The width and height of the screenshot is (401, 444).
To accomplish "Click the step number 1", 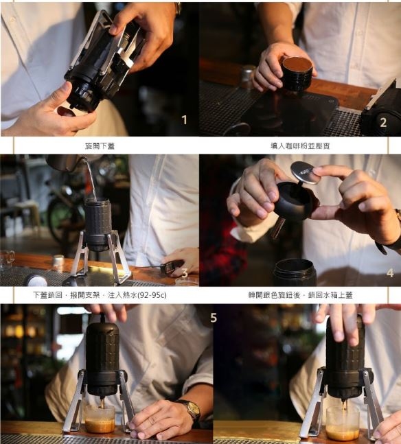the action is click(x=185, y=120).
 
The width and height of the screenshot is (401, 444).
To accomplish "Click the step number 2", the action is click(x=383, y=122).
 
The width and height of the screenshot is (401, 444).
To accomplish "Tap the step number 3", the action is click(x=185, y=273).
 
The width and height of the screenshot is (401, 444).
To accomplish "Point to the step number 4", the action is click(x=390, y=272).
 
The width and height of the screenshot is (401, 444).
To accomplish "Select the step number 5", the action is click(x=214, y=318).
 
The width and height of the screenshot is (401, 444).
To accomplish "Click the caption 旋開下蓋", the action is click(x=100, y=146).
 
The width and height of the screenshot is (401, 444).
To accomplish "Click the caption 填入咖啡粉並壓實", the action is click(x=300, y=146).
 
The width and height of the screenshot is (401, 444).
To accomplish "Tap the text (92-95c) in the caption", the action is click(x=152, y=295).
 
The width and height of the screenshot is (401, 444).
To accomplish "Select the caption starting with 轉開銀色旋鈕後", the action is click(x=300, y=295).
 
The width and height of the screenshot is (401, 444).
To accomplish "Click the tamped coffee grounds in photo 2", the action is click(x=297, y=65).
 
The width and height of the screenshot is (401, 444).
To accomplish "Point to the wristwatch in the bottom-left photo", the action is click(x=190, y=409).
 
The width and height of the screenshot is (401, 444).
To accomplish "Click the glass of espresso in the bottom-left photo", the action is click(x=100, y=419).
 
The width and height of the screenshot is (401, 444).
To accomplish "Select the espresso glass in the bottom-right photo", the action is click(x=343, y=423).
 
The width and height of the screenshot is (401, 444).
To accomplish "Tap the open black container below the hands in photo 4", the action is click(x=295, y=272).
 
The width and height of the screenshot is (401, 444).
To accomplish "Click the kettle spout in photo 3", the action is click(x=81, y=161).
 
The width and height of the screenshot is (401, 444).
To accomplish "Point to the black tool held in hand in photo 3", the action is click(x=170, y=268).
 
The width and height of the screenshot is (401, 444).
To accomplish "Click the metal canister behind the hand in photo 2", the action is click(x=248, y=76).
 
